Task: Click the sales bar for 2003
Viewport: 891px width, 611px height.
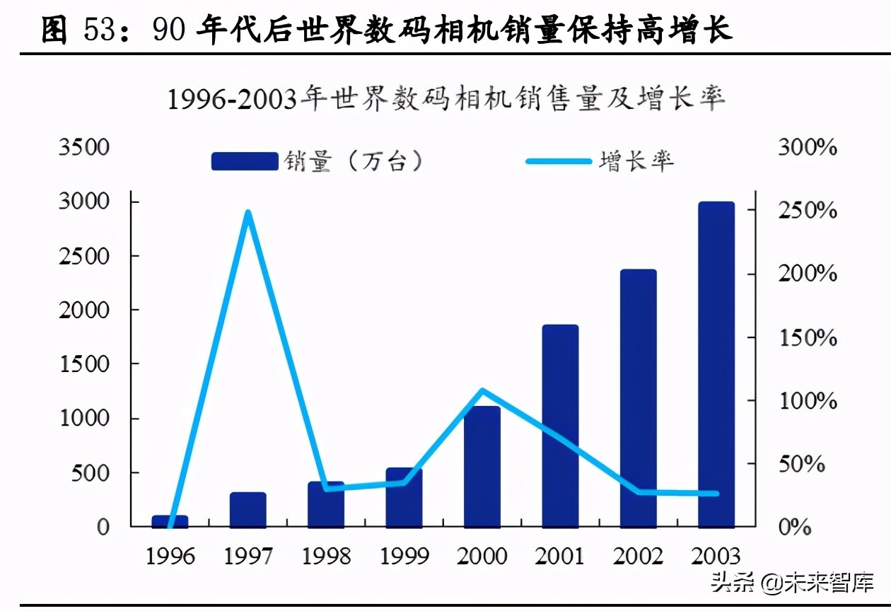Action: coord(716,364)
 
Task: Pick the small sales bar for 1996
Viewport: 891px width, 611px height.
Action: coord(170,521)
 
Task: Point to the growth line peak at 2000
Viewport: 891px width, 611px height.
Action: coord(482,390)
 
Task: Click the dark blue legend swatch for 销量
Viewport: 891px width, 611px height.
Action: coord(245,161)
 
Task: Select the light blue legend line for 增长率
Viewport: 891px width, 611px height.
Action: coord(559,161)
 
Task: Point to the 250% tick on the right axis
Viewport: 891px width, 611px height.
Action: coord(808,211)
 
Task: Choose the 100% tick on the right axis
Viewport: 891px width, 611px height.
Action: coord(808,401)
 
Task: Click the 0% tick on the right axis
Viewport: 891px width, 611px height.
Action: coord(793,528)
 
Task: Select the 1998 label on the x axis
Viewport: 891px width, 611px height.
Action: coord(326,557)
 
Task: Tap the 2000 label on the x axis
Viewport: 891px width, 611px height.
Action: coord(482,557)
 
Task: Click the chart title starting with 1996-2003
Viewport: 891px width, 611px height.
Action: coord(446,100)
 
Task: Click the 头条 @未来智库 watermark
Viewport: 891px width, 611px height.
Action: coord(792,583)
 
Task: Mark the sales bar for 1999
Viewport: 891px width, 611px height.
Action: coord(404,497)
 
